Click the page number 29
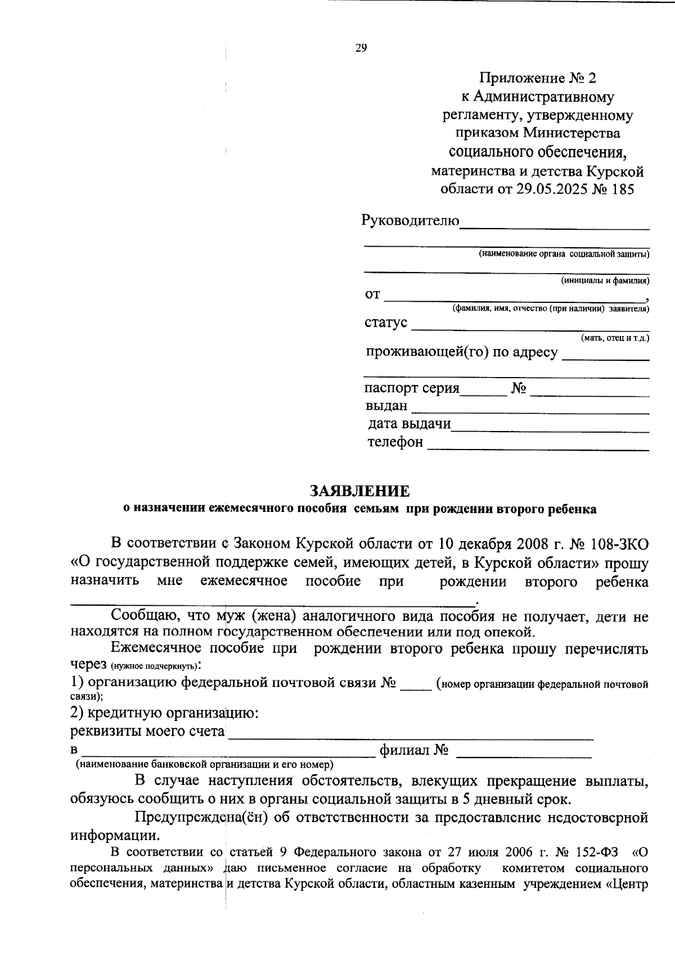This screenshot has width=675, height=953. coord(361,48)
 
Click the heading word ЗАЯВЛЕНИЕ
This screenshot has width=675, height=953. coord(359,491)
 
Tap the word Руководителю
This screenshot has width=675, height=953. coord(410,220)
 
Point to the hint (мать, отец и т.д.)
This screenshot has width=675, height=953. coord(614,338)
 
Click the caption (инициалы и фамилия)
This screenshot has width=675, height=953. coord(605,280)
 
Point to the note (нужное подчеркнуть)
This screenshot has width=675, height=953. coord(154,666)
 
